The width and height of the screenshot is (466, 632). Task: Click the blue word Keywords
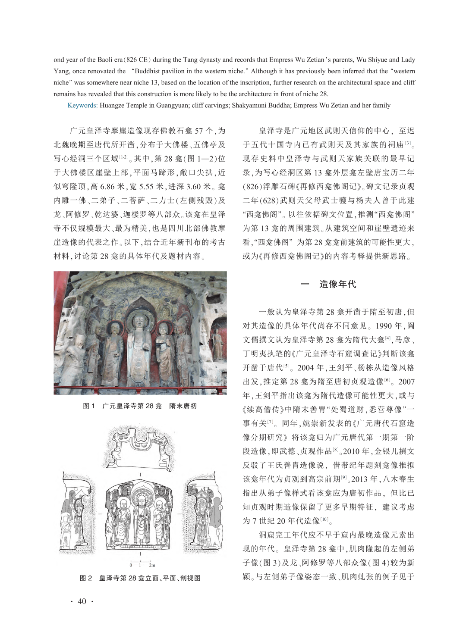(82, 105)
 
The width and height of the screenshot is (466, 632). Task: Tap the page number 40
(82, 601)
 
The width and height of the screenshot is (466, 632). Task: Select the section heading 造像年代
(337, 284)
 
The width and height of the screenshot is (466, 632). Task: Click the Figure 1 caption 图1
(89, 406)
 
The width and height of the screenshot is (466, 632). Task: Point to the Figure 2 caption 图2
(86, 578)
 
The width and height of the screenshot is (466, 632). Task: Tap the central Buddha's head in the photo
(139, 321)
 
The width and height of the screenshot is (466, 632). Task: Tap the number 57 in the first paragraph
(197, 131)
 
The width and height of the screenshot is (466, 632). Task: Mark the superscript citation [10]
(324, 519)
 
